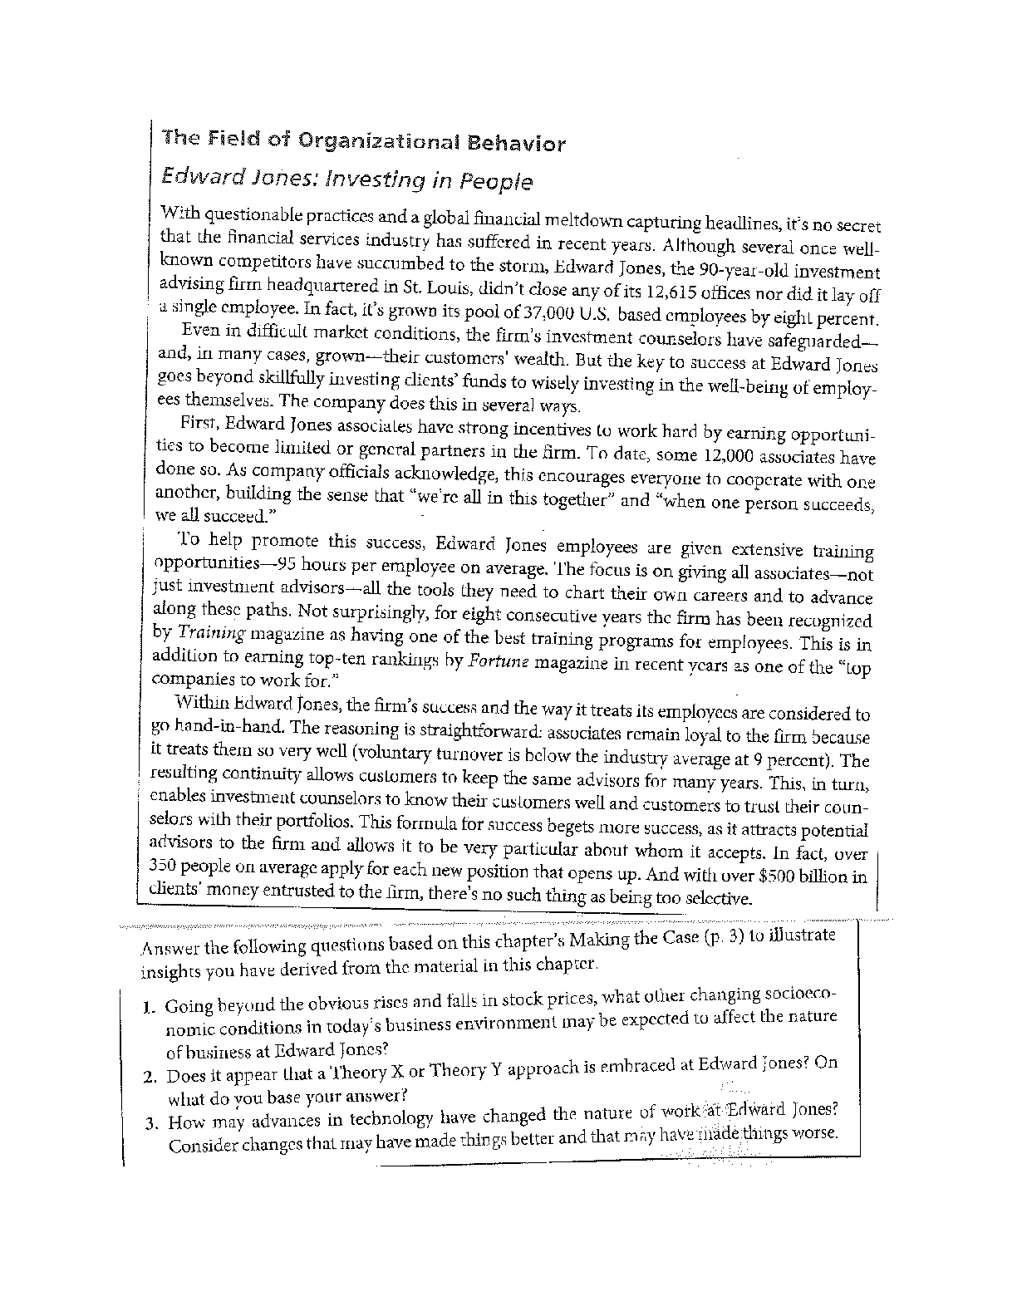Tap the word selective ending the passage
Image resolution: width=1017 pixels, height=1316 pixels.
pos(719,898)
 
